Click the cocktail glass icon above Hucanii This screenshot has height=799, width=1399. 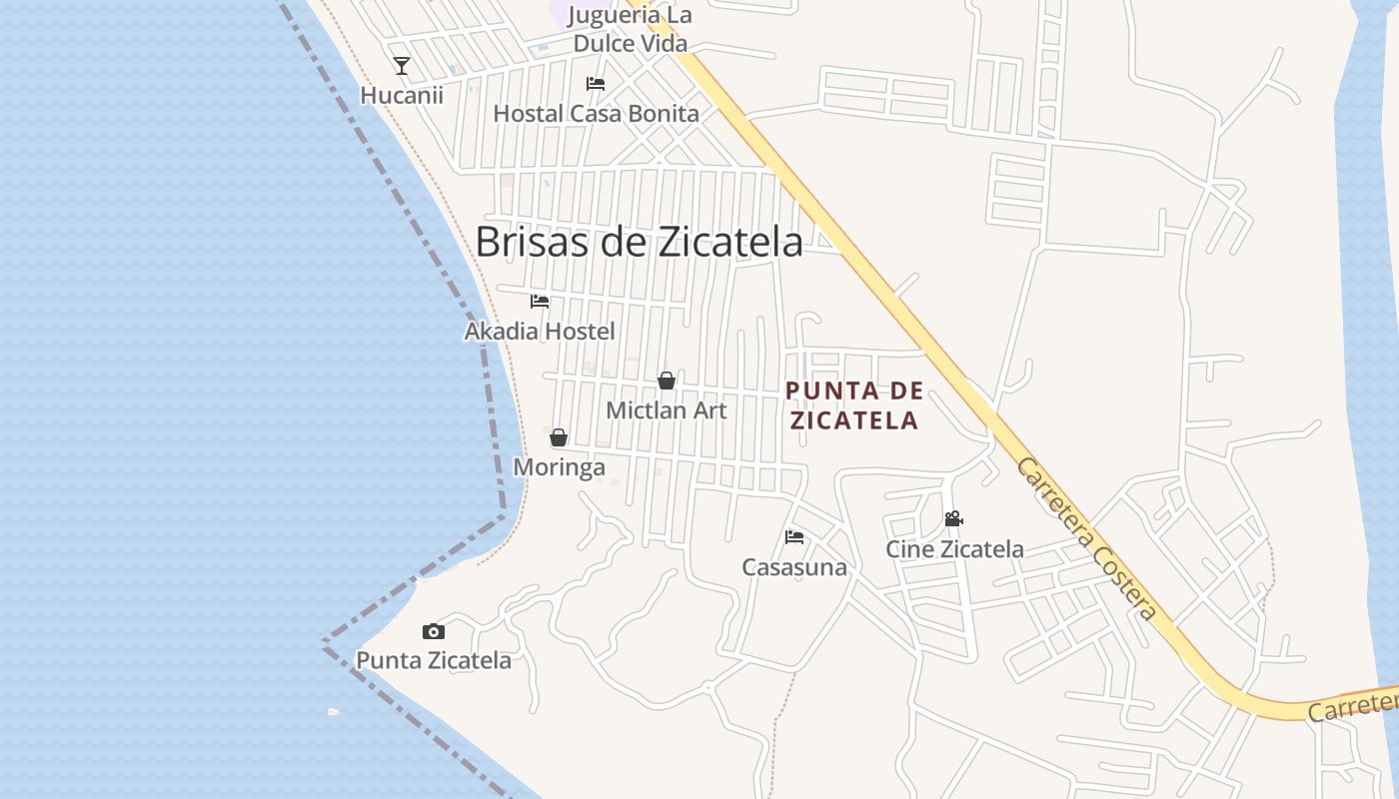coord(402,66)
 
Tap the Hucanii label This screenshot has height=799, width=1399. coord(402,96)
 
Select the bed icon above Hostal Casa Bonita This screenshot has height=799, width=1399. coord(596,84)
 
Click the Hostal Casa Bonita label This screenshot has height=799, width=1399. coord(597,114)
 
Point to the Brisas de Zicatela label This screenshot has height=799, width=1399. coord(639,242)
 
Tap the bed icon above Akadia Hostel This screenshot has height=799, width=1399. coord(540,301)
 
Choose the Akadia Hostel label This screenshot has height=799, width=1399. coord(540,331)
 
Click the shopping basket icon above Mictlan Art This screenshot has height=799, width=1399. coord(667,381)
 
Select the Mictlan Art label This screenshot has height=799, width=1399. coord(667,410)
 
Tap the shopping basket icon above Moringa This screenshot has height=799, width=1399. coord(559,437)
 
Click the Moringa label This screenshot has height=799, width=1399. coord(559,467)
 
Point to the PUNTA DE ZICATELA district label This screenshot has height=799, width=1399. coord(854,405)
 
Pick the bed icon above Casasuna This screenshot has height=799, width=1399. coord(794,537)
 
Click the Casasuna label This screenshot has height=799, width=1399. coord(794,567)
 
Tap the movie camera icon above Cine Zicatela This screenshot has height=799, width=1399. coord(954,519)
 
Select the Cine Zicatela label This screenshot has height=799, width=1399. coord(954,549)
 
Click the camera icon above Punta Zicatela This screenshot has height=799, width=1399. coord(434,631)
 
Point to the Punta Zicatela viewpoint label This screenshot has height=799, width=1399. coord(434,660)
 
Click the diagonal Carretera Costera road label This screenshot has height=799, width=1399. coord(1087,539)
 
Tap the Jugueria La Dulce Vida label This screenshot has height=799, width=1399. coord(630,30)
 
